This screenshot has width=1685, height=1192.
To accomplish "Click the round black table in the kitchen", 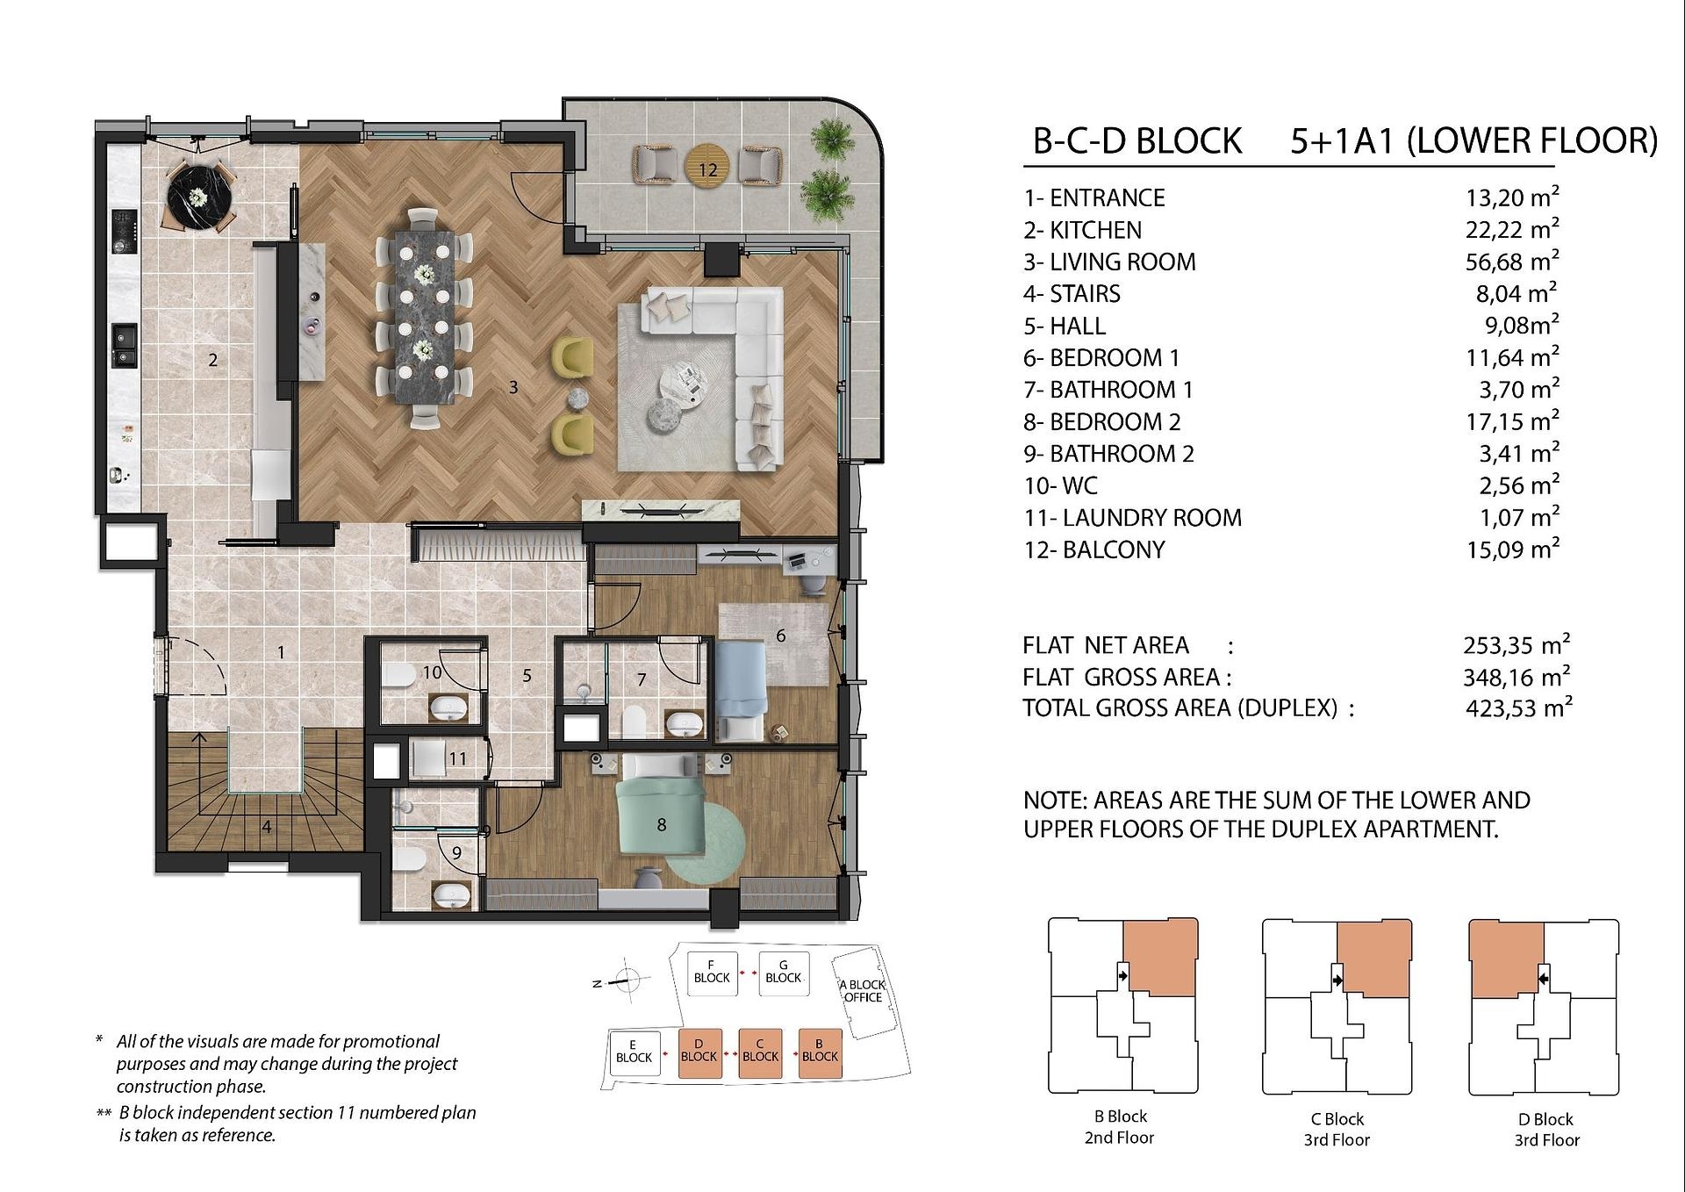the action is [201, 197].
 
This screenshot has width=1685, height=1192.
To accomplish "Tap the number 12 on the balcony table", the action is [708, 169].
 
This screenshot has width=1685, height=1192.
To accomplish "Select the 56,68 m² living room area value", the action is [1512, 261].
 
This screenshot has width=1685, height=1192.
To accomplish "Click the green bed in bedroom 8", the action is [660, 806].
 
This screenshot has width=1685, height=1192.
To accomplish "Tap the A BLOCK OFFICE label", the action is [863, 991].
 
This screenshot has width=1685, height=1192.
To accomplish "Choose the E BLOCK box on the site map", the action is [634, 1052].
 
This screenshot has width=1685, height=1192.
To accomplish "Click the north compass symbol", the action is [627, 980].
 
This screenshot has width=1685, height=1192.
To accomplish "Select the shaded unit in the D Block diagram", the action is [1506, 959].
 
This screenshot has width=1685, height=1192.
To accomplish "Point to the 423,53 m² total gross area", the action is [1518, 707].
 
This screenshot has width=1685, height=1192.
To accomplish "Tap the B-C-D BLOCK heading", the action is [1136, 141].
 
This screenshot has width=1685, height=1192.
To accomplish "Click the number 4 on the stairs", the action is [266, 826].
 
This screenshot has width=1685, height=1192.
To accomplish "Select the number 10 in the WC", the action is [432, 673].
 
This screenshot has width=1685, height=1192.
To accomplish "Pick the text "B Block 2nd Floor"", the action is [1120, 1127].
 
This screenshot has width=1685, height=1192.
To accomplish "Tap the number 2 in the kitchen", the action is [212, 359].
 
